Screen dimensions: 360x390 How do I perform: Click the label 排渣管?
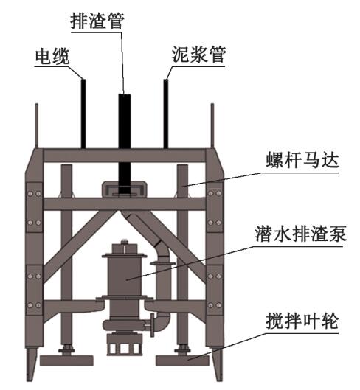(x=97, y=21)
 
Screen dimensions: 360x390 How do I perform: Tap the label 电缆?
(x=52, y=57)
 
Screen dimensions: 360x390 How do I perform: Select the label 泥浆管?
(x=198, y=55)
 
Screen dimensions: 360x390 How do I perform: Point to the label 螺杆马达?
(x=302, y=160)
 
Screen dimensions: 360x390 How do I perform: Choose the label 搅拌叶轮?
(x=302, y=321)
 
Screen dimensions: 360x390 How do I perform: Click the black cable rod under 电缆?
(x=83, y=114)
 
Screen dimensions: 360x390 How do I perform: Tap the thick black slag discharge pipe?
(x=125, y=144)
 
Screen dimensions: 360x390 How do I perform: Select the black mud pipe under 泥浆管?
(x=166, y=114)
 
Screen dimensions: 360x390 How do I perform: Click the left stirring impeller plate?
(x=66, y=361)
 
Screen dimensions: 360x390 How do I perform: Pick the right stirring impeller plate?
(x=182, y=361)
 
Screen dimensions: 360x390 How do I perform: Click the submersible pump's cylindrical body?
(x=124, y=276)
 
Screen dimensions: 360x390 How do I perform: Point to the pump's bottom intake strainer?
(x=125, y=346)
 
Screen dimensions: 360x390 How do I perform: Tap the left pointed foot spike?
(x=31, y=364)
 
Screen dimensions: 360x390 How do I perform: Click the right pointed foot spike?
(x=218, y=364)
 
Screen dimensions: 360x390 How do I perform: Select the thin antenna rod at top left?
(x=37, y=126)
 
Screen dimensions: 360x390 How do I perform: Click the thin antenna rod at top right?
(x=212, y=126)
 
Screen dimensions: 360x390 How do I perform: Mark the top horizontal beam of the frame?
(x=125, y=156)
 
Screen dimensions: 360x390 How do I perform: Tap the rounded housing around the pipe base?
(x=125, y=189)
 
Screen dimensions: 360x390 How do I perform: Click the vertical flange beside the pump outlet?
(x=153, y=325)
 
